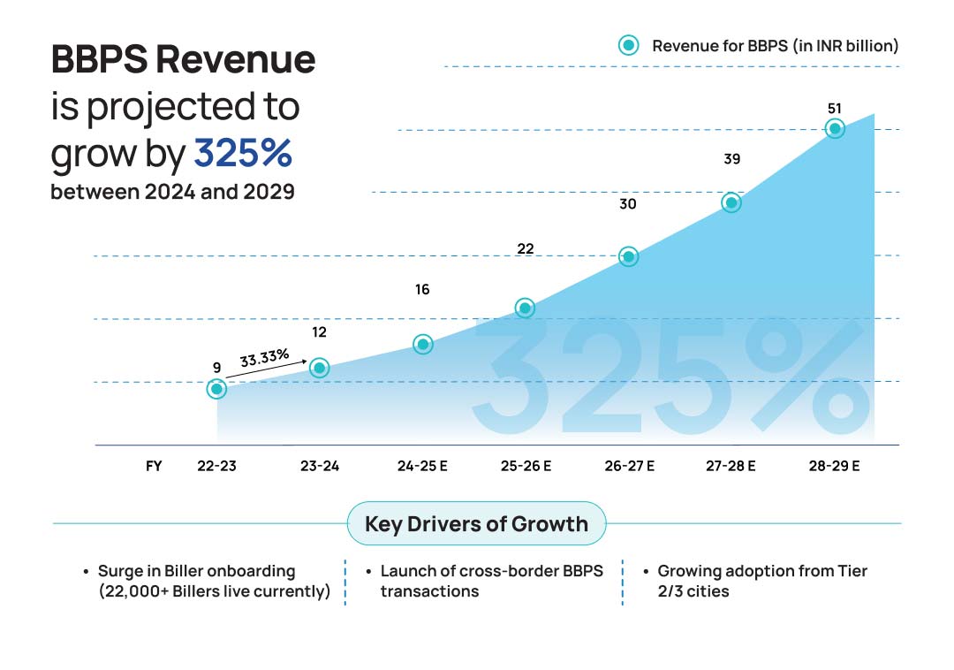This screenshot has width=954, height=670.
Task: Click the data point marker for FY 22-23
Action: point(216,388)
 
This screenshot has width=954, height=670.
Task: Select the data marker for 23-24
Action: point(320,368)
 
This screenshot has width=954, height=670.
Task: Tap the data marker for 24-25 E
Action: point(423,344)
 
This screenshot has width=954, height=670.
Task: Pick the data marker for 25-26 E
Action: point(525,308)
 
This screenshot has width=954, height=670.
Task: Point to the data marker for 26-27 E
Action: point(628,256)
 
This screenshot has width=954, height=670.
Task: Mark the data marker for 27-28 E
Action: point(731,202)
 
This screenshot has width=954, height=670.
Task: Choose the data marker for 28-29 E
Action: point(834,129)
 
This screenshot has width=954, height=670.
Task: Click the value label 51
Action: point(834,108)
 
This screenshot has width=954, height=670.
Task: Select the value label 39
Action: point(731,159)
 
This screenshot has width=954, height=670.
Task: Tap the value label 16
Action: point(422,289)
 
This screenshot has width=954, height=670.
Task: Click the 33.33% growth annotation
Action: point(264,358)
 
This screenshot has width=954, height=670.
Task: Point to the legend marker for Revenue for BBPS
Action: point(629,45)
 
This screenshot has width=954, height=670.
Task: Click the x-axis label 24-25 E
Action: point(422,466)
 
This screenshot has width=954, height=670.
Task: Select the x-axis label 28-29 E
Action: point(834,466)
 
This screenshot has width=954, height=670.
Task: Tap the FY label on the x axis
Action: point(154,466)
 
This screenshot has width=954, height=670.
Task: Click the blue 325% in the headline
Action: point(243,153)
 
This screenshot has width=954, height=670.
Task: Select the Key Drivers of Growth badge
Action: point(476,523)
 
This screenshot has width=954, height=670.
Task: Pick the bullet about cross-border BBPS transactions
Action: point(491,581)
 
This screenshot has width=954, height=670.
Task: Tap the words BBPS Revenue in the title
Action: point(183,59)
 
